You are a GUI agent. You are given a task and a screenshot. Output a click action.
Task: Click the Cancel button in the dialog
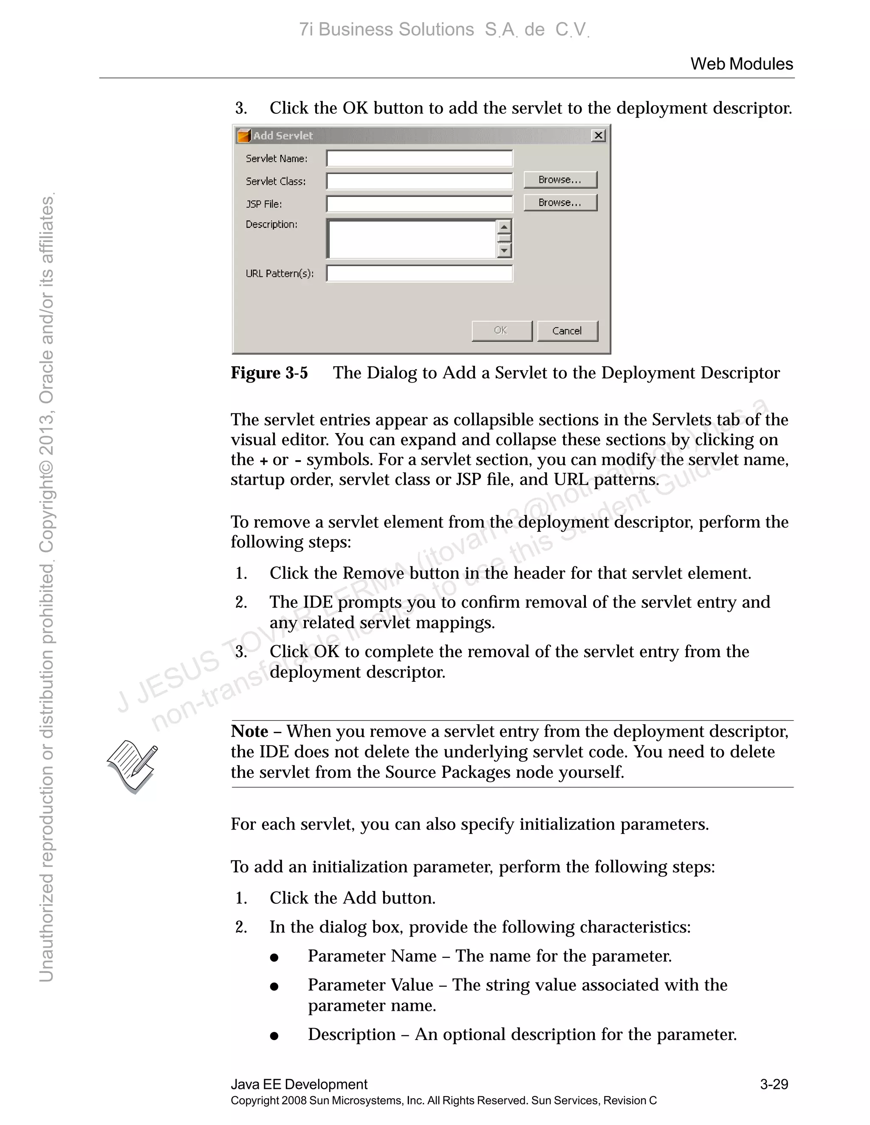click(x=568, y=331)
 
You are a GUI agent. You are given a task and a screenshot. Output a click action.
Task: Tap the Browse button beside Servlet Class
click(x=560, y=180)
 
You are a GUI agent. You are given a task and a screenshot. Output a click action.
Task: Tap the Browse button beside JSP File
click(x=560, y=202)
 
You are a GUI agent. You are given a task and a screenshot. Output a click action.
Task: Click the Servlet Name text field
click(x=420, y=158)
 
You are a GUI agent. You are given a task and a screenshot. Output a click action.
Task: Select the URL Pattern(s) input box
click(x=420, y=273)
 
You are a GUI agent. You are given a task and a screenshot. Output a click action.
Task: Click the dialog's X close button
click(x=598, y=135)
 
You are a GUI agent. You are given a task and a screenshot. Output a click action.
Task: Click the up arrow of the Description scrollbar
click(x=504, y=226)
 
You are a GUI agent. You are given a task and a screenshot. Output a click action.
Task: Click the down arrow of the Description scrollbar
click(x=504, y=251)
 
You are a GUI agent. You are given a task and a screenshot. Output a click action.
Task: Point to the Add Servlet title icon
click(x=243, y=136)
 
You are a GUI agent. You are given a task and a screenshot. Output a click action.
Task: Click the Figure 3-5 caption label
click(x=269, y=372)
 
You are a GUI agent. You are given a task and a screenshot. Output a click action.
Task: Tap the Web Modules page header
click(x=741, y=64)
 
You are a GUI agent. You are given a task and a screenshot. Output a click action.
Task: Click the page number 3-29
click(x=774, y=1084)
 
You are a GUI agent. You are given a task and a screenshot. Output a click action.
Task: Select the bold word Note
click(x=249, y=731)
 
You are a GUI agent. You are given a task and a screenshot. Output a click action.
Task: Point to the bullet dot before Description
click(x=274, y=1036)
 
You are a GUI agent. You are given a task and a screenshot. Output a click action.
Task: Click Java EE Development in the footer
click(x=299, y=1084)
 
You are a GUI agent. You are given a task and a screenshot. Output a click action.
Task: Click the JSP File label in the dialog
click(x=263, y=204)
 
